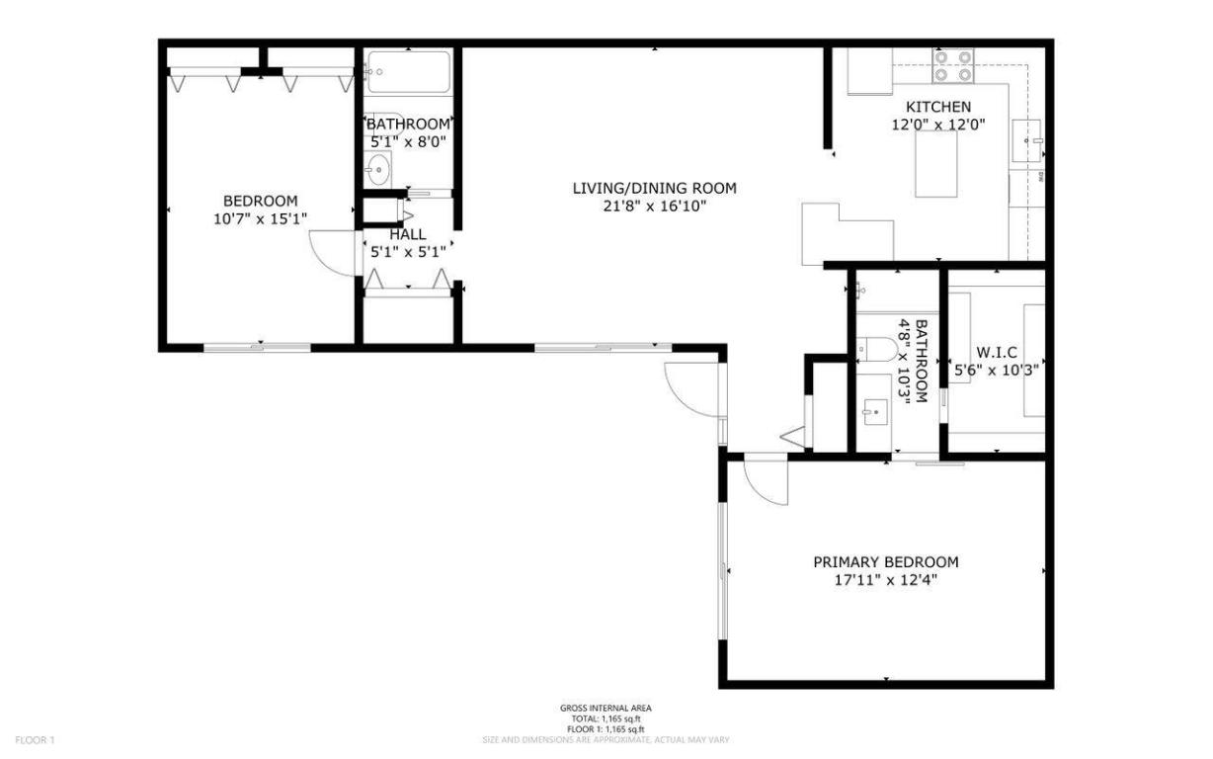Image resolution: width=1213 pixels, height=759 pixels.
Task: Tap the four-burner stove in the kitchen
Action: tap(953, 66)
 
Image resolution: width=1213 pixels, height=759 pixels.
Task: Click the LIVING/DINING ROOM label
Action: tap(654, 188)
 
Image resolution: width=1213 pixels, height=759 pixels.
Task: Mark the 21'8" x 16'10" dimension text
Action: tap(654, 206)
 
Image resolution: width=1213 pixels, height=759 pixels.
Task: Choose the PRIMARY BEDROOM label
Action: tap(885, 561)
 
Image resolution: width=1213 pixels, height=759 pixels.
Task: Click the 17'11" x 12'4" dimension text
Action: tap(885, 580)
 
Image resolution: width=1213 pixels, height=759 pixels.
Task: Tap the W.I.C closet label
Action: tap(998, 352)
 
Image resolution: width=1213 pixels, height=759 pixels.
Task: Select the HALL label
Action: tap(408, 234)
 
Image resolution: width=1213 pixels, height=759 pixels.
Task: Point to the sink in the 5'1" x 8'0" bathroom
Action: tap(378, 169)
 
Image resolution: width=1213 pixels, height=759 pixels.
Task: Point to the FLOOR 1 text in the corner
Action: tap(35, 739)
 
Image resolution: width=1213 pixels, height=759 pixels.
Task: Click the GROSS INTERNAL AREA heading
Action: tap(606, 708)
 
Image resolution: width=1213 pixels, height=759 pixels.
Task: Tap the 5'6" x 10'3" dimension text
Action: tap(998, 371)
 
